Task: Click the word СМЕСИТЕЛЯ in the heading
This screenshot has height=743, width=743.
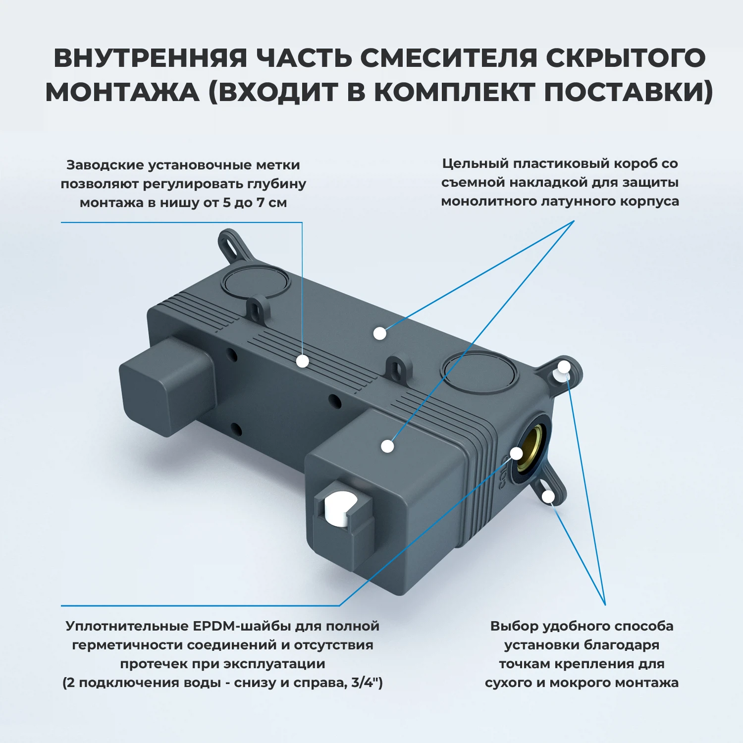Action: [x=448, y=58]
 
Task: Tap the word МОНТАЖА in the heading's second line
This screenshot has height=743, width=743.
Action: [x=122, y=92]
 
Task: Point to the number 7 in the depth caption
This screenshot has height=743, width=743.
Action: [x=260, y=203]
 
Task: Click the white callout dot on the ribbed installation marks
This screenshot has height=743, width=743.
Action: [x=303, y=361]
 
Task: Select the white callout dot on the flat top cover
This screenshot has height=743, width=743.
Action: [x=380, y=333]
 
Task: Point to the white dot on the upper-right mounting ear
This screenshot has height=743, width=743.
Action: [x=564, y=367]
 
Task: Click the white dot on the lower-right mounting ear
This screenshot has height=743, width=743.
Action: [x=548, y=496]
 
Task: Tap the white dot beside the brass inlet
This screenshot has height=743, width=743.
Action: [x=517, y=453]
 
